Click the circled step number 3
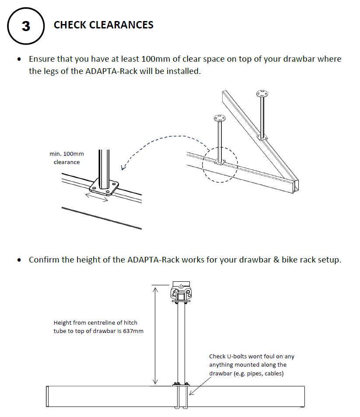(x=26, y=26)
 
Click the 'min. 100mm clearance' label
(x=66, y=158)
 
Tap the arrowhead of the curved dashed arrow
(x=123, y=167)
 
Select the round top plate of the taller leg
(x=262, y=94)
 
